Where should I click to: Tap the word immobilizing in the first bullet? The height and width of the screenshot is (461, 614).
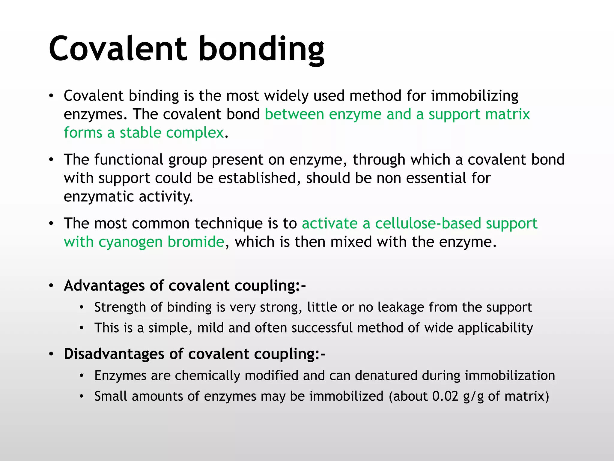pos(475,96)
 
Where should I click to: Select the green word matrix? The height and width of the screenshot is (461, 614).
pos(507,114)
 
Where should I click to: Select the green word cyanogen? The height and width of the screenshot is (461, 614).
pos(130,242)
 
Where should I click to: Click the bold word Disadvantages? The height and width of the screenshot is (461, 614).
pos(114,354)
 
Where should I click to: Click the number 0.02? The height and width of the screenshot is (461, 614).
pos(445,396)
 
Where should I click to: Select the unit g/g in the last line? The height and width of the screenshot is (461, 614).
pos(473,397)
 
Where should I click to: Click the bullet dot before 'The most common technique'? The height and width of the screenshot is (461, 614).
pos(51,224)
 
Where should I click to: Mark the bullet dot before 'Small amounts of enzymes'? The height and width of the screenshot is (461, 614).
pos(82,396)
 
